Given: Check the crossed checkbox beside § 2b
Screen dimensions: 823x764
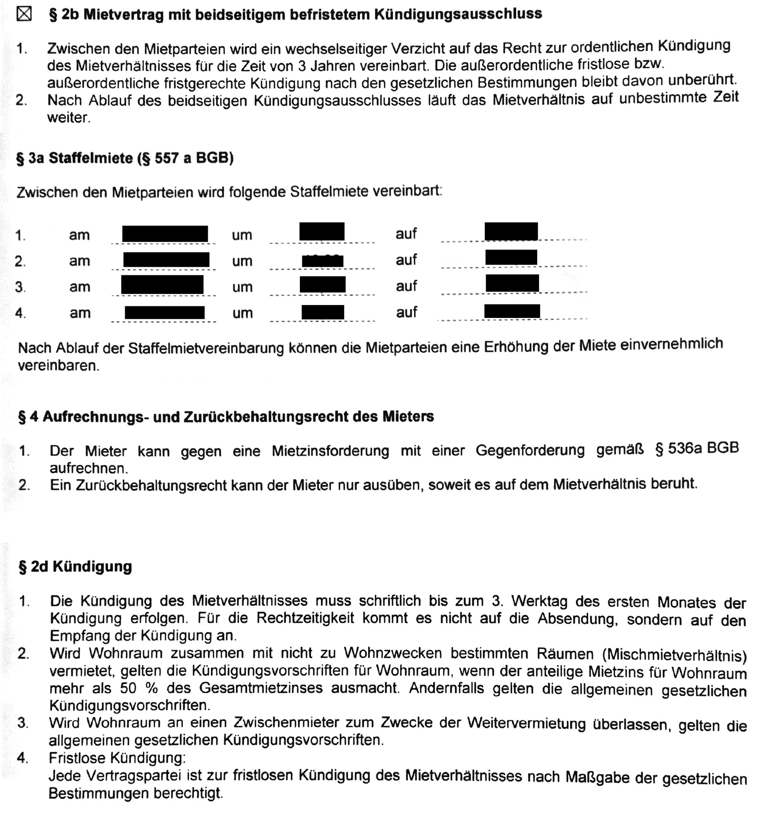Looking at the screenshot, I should tap(24, 14).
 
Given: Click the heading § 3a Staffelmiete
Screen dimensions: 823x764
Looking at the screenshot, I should tap(125, 158).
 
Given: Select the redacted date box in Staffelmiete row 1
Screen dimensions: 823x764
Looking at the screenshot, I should tap(165, 234).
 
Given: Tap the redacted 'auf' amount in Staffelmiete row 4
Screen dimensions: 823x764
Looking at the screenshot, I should tap(512, 311).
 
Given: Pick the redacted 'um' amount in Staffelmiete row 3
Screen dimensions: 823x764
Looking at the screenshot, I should tap(322, 285).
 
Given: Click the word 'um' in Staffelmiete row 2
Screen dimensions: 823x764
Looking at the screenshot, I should tap(242, 261).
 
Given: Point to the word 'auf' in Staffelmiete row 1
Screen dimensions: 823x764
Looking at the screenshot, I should tap(406, 234).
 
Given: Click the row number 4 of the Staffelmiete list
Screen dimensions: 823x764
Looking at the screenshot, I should tap(20, 313).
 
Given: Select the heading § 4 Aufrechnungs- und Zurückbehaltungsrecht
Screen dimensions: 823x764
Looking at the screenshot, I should tap(226, 417).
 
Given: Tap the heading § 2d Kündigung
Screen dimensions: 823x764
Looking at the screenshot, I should tap(75, 567).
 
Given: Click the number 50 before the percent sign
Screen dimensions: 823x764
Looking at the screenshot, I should tap(128, 688).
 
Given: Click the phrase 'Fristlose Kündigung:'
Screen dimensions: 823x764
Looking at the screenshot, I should tap(117, 758).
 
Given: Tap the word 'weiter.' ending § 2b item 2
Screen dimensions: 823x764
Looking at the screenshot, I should tap(68, 117).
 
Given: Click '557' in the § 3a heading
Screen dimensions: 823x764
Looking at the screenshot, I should tap(166, 158).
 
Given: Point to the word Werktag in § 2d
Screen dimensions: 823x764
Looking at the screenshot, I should tap(539, 601).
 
